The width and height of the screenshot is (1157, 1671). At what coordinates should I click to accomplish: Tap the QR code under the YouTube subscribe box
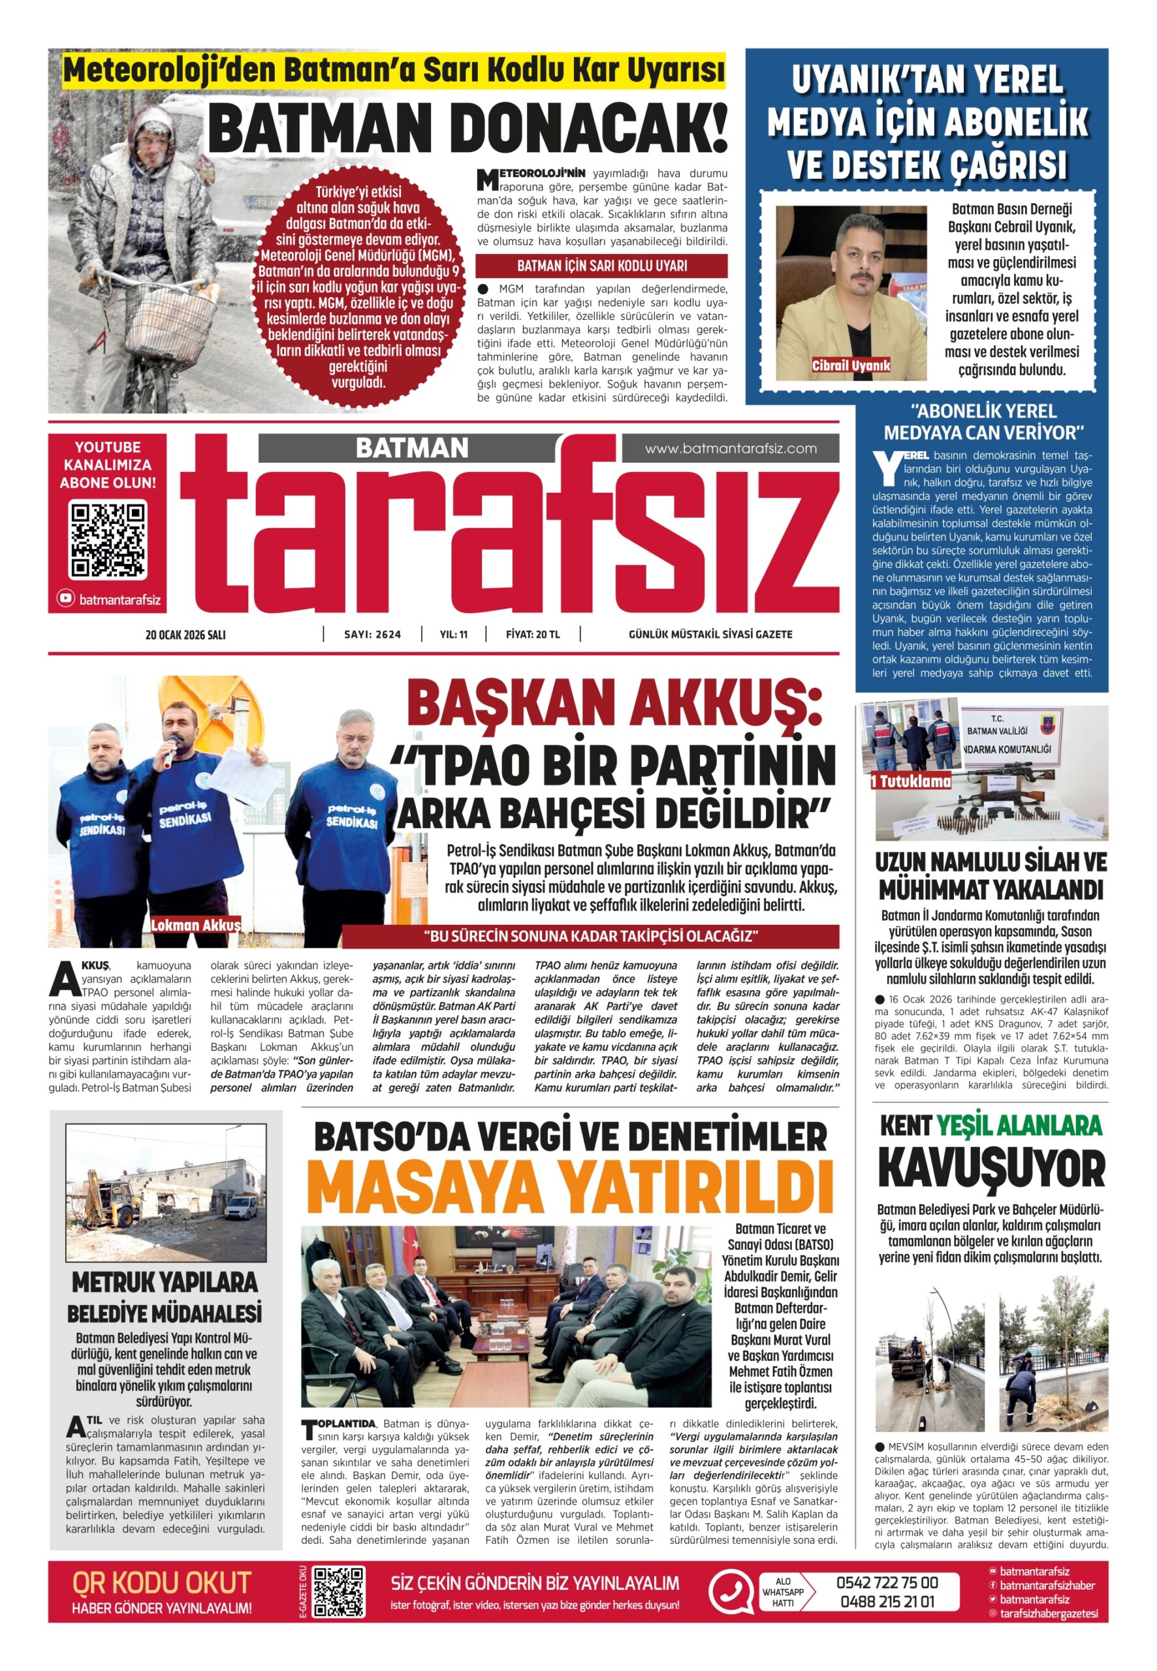(108, 540)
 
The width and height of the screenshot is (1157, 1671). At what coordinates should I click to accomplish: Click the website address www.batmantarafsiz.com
(730, 448)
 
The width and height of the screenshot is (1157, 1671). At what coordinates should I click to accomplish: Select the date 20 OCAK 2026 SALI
(185, 634)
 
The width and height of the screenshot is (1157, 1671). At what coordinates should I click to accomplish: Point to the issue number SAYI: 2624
(373, 634)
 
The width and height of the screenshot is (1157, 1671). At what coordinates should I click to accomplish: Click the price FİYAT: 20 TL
(533, 634)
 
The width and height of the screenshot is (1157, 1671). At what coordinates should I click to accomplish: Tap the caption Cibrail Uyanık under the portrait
(851, 366)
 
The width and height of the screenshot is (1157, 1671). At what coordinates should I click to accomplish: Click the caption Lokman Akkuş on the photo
(196, 926)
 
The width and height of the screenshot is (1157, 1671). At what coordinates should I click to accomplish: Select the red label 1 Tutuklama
(911, 782)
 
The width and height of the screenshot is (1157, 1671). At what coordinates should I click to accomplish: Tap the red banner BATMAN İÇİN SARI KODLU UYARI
(601, 266)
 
